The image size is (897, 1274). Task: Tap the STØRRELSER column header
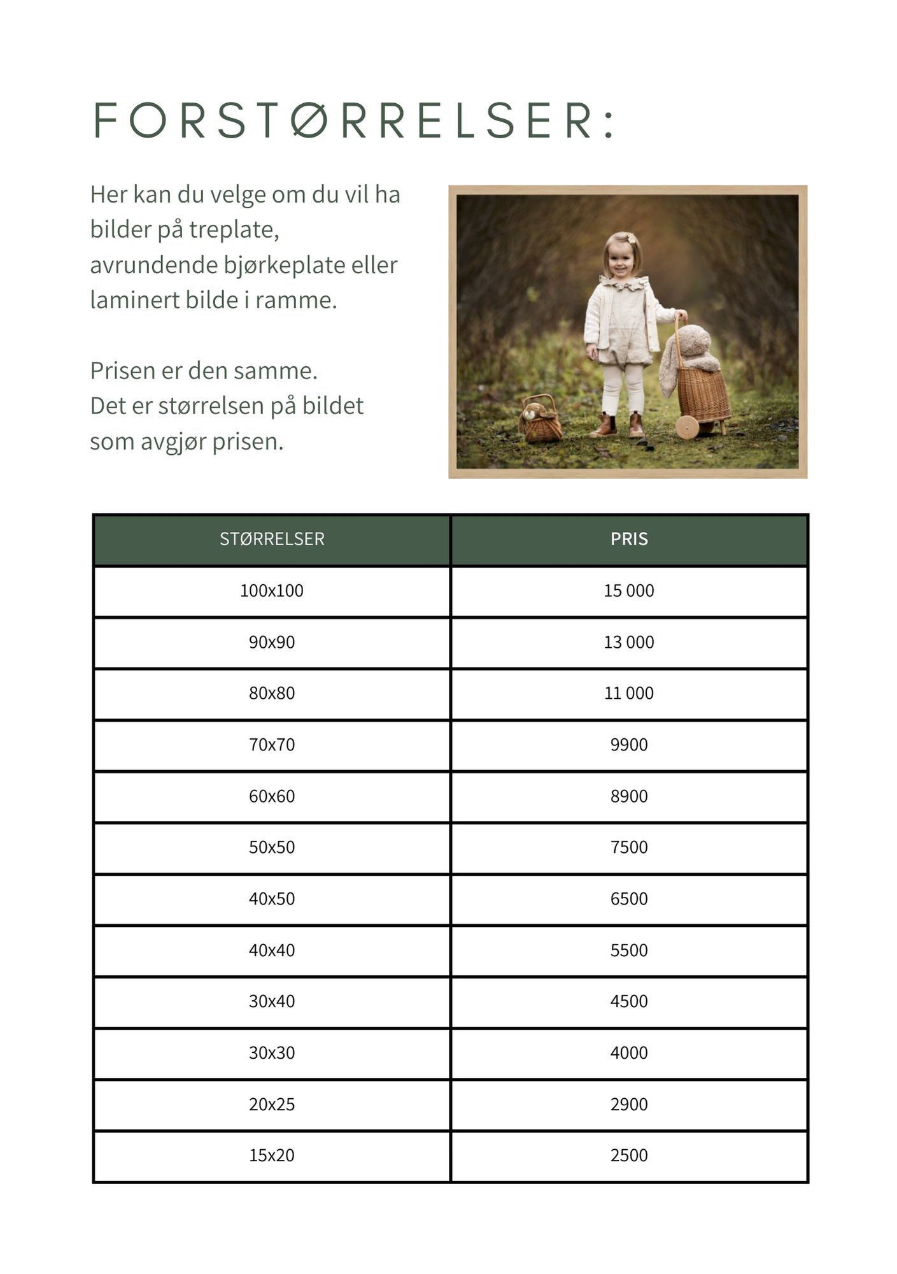272,539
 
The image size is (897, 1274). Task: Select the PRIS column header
629,539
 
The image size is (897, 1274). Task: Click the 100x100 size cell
272,590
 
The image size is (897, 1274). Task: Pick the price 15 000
629,590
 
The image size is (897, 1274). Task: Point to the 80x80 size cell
272,693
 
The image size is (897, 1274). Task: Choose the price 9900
629,745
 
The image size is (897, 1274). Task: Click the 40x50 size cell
272,899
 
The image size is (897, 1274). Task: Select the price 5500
629,950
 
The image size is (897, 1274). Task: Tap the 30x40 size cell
272,1001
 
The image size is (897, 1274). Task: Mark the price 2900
629,1104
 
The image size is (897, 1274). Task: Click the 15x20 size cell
272,1156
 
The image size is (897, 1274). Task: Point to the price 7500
629,847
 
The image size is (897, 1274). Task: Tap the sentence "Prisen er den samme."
204,371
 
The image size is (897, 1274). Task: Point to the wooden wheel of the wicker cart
687,427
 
